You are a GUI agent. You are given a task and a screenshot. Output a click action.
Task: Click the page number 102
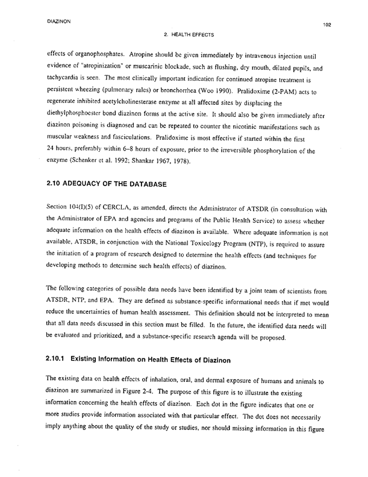pyautogui.click(x=327, y=25)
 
